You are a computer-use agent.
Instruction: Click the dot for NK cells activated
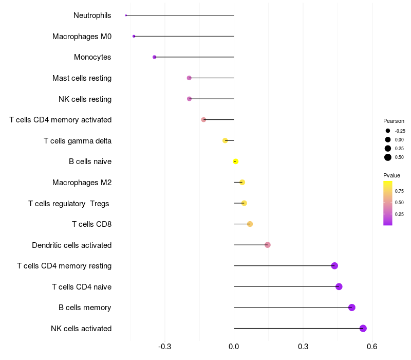coord(363,328)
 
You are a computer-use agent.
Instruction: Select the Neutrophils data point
coord(126,15)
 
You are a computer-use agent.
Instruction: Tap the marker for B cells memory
coord(352,308)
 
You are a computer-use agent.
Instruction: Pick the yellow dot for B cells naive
coord(235,161)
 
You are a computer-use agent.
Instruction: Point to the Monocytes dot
coord(154,57)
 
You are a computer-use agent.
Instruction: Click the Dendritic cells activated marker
coord(268,245)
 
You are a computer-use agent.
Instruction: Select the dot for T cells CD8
coord(250,224)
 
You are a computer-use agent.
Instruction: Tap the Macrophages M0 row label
coord(82,37)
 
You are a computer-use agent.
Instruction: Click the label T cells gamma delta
coord(78,140)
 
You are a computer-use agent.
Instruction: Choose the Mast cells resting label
coord(82,78)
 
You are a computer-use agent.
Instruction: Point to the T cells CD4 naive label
coord(82,286)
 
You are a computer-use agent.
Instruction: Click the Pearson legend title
coord(394,121)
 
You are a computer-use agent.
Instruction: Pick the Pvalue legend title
coord(392,175)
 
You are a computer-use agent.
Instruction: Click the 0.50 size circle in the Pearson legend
coord(388,157)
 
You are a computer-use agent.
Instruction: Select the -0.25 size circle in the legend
coord(388,131)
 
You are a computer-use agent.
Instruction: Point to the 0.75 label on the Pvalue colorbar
coord(399,191)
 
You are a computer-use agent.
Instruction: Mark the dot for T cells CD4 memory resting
coord(334,266)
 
